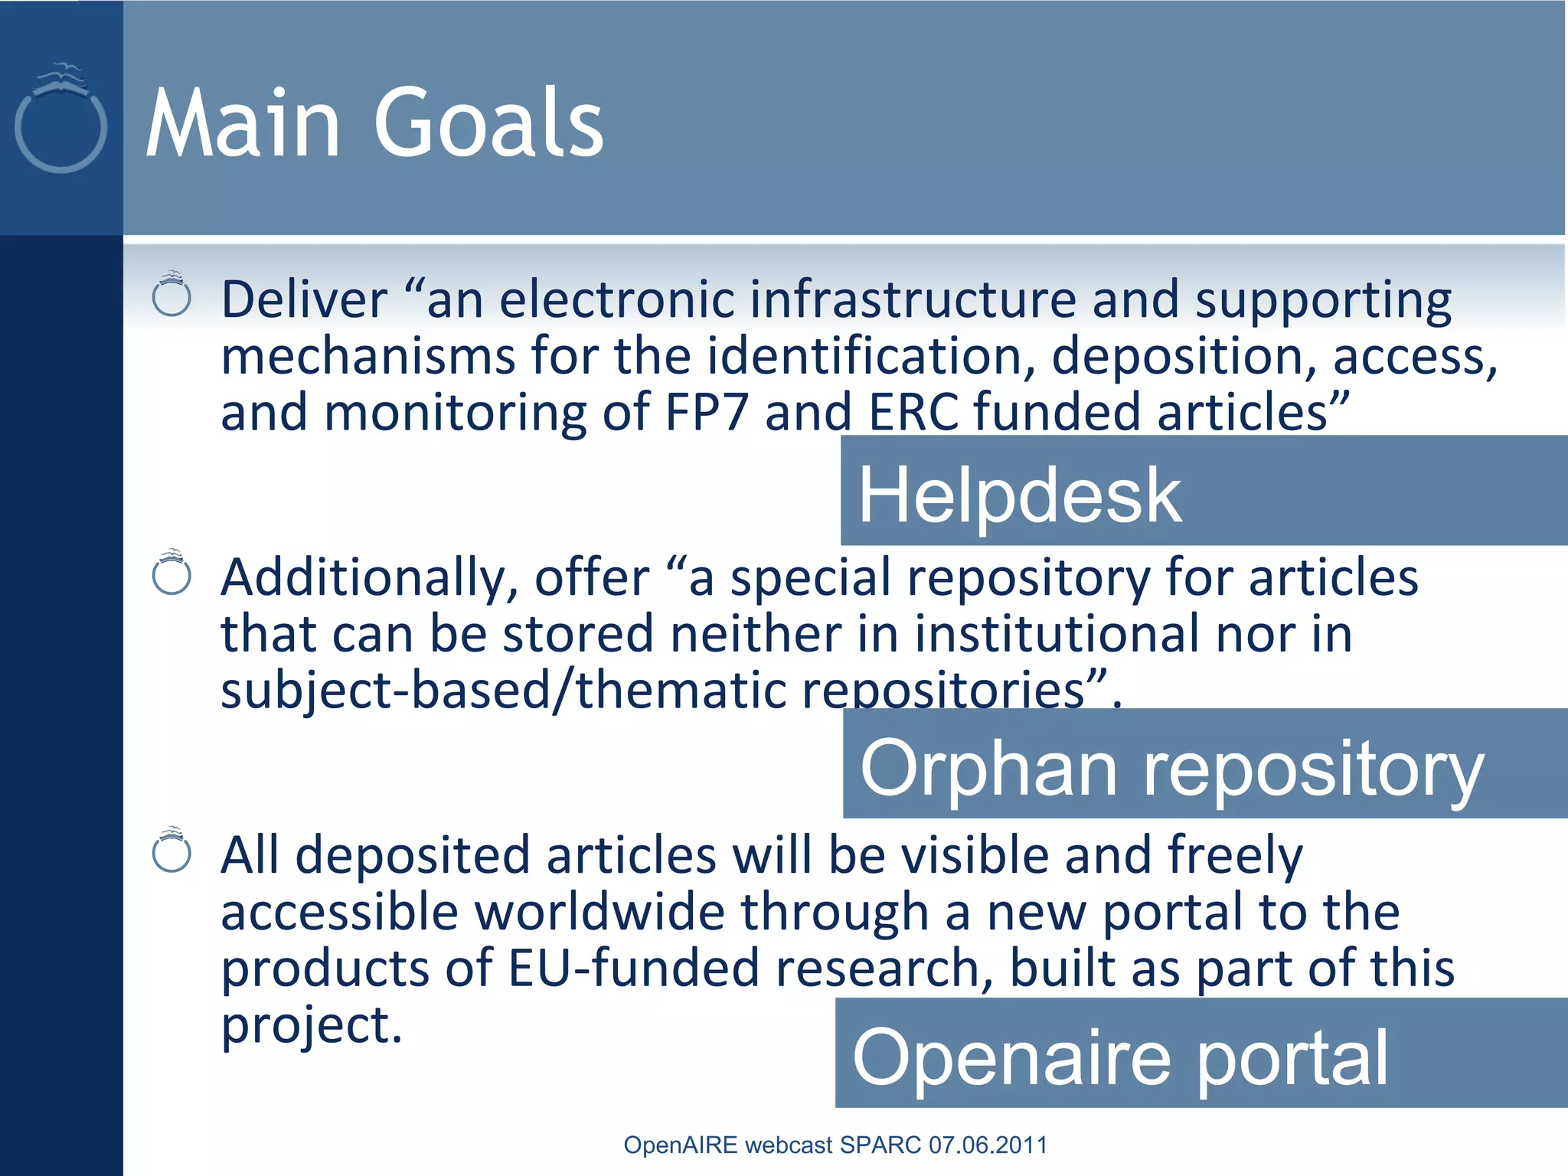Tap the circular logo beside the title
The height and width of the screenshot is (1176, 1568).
point(60,122)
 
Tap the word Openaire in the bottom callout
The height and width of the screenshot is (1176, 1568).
point(1011,1057)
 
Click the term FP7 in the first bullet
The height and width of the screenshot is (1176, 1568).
point(706,412)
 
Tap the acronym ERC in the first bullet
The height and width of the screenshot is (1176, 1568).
point(913,412)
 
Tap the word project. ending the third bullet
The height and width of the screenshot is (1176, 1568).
point(311,1026)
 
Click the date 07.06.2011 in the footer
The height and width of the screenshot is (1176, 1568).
point(988,1145)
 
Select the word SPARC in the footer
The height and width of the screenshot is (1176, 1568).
point(880,1145)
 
